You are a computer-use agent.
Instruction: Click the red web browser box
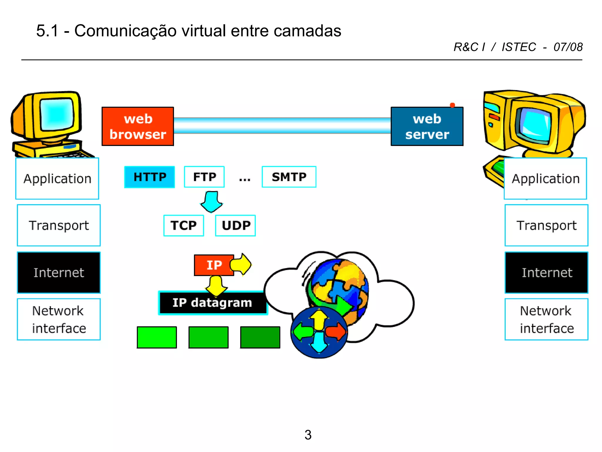point(138,126)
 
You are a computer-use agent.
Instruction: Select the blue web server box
point(427,127)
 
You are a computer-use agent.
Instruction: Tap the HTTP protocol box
point(150,177)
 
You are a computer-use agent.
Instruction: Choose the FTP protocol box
point(204,177)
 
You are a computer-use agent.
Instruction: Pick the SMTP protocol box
point(289,177)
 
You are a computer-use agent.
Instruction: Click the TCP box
point(184,225)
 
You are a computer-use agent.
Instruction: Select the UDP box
point(235,225)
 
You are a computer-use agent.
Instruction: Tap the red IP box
point(214,265)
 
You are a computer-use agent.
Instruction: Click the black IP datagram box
point(212,303)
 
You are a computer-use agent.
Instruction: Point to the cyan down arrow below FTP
point(212,202)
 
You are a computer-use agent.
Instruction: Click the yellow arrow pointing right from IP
point(241,264)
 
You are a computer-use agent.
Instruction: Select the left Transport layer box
point(59,225)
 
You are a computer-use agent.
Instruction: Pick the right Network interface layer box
point(546,319)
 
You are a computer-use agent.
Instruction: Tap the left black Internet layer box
point(59,272)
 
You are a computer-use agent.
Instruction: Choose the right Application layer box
point(546,179)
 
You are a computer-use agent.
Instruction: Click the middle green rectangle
point(208,337)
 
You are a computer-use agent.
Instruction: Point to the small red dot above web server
point(452,105)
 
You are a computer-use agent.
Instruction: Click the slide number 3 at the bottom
point(308,435)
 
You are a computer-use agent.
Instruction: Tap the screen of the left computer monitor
point(56,114)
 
